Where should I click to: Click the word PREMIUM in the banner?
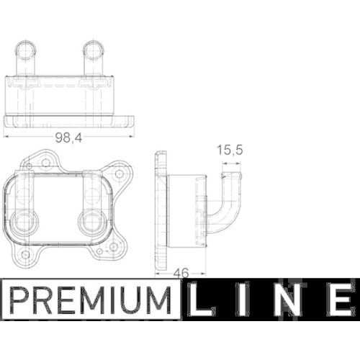[91, 301]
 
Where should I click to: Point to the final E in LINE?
[340, 301]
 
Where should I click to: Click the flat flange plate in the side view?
[161, 208]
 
